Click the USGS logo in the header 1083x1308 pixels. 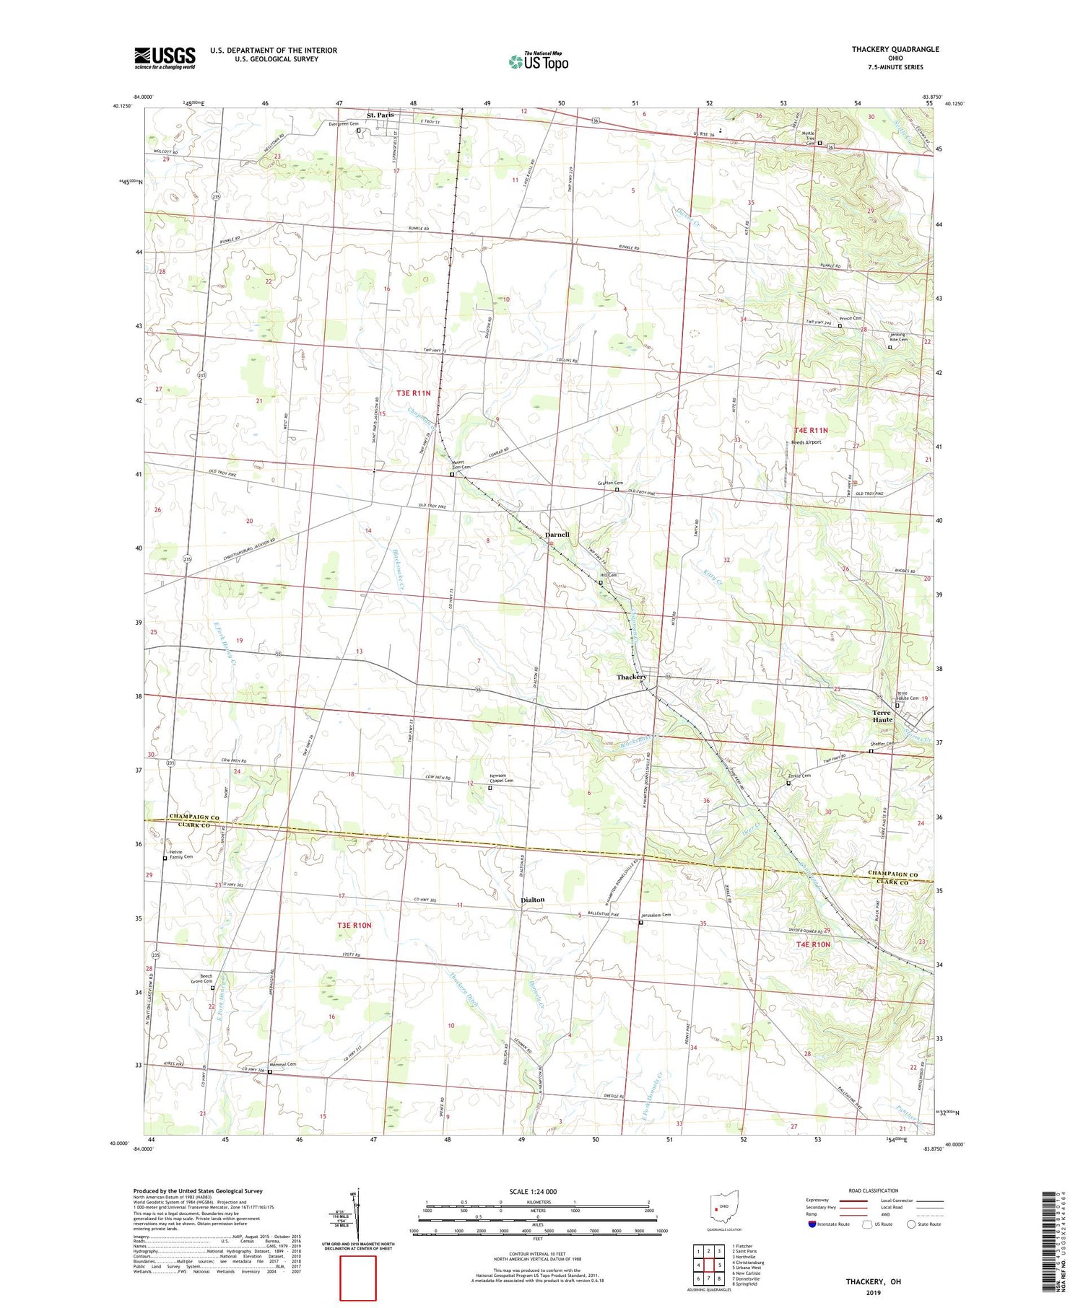(165, 58)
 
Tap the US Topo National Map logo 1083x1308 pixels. (538, 61)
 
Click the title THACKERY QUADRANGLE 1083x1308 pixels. (895, 49)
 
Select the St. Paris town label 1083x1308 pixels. (380, 115)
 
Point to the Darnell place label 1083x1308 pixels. (557, 535)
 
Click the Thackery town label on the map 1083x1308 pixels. (631, 677)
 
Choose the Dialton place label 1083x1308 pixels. (532, 900)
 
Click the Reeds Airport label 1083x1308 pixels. (806, 442)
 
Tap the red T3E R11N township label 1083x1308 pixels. (414, 393)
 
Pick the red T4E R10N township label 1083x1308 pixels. (813, 944)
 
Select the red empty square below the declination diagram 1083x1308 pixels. (358, 1278)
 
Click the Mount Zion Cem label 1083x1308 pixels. (461, 465)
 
